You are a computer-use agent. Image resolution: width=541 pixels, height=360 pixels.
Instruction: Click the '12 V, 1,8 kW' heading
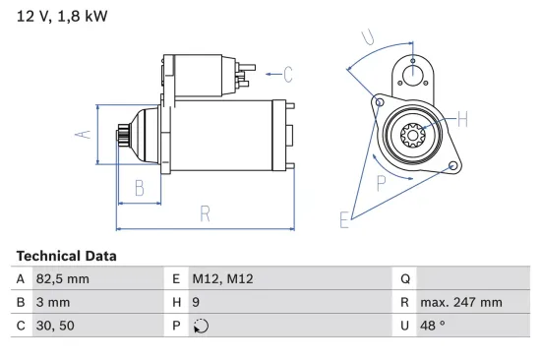click(x=61, y=16)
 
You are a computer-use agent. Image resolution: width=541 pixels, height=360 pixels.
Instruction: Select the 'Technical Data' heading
click(x=66, y=256)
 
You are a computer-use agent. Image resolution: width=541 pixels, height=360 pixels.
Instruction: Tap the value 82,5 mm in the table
click(x=65, y=279)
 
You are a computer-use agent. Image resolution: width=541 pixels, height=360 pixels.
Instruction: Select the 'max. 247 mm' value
click(x=460, y=303)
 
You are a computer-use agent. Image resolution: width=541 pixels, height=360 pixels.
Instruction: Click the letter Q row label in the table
click(x=405, y=279)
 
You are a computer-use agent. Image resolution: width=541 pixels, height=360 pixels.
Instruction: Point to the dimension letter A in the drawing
click(x=85, y=134)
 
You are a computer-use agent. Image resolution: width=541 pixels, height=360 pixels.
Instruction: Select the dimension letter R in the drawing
click(x=205, y=212)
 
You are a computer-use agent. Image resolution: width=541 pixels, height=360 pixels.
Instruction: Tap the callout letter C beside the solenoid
click(x=287, y=72)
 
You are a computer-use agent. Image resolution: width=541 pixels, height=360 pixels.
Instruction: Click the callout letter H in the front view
click(x=462, y=120)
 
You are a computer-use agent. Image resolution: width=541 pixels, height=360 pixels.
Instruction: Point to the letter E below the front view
click(x=344, y=220)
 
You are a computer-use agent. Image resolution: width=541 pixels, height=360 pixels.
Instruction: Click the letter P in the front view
click(x=381, y=182)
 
